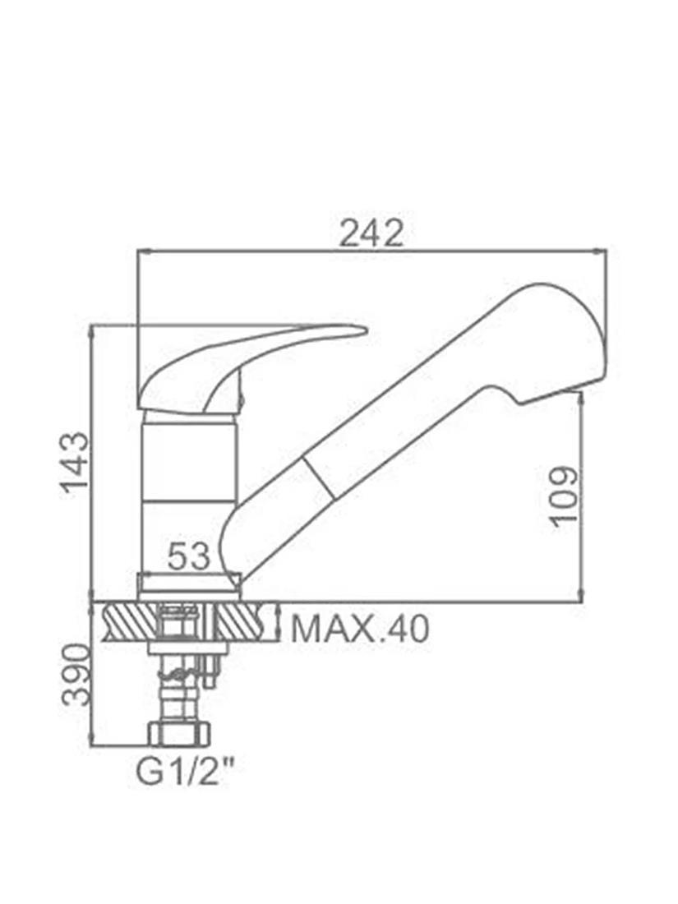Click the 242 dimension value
pos(371,233)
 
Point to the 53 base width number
pos(188,557)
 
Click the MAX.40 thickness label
pos(360,629)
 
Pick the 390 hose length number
pos(76,675)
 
